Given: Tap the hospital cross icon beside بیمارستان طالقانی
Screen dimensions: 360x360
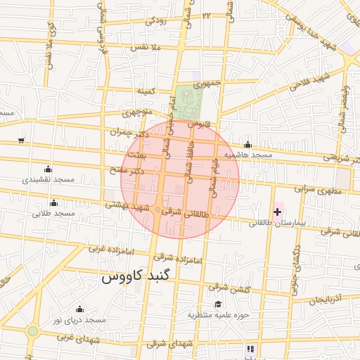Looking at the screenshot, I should (x=278, y=212).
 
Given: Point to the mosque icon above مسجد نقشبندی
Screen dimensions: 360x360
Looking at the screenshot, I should (x=48, y=169).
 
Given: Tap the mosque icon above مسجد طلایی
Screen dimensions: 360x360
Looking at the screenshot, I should (x=54, y=202).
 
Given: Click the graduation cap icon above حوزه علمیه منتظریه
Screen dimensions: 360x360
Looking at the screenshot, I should (x=219, y=304).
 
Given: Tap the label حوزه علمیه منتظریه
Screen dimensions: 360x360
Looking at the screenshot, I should (x=219, y=315).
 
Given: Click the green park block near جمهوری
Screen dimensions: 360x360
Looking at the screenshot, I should (x=187, y=103).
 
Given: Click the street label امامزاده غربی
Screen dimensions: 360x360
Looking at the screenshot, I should (x=108, y=248).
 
